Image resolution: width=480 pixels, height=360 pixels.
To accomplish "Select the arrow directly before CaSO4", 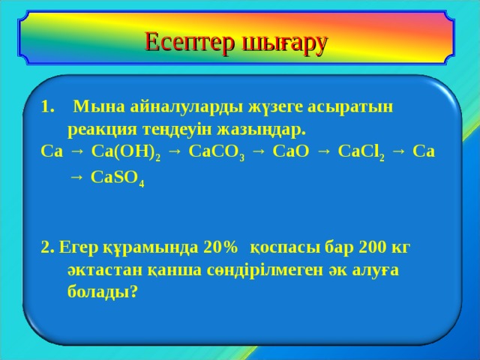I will (x=76, y=178).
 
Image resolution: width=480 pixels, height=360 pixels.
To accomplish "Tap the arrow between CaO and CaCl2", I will (x=322, y=151).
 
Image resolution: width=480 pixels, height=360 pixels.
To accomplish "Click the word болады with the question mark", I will (x=102, y=292).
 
